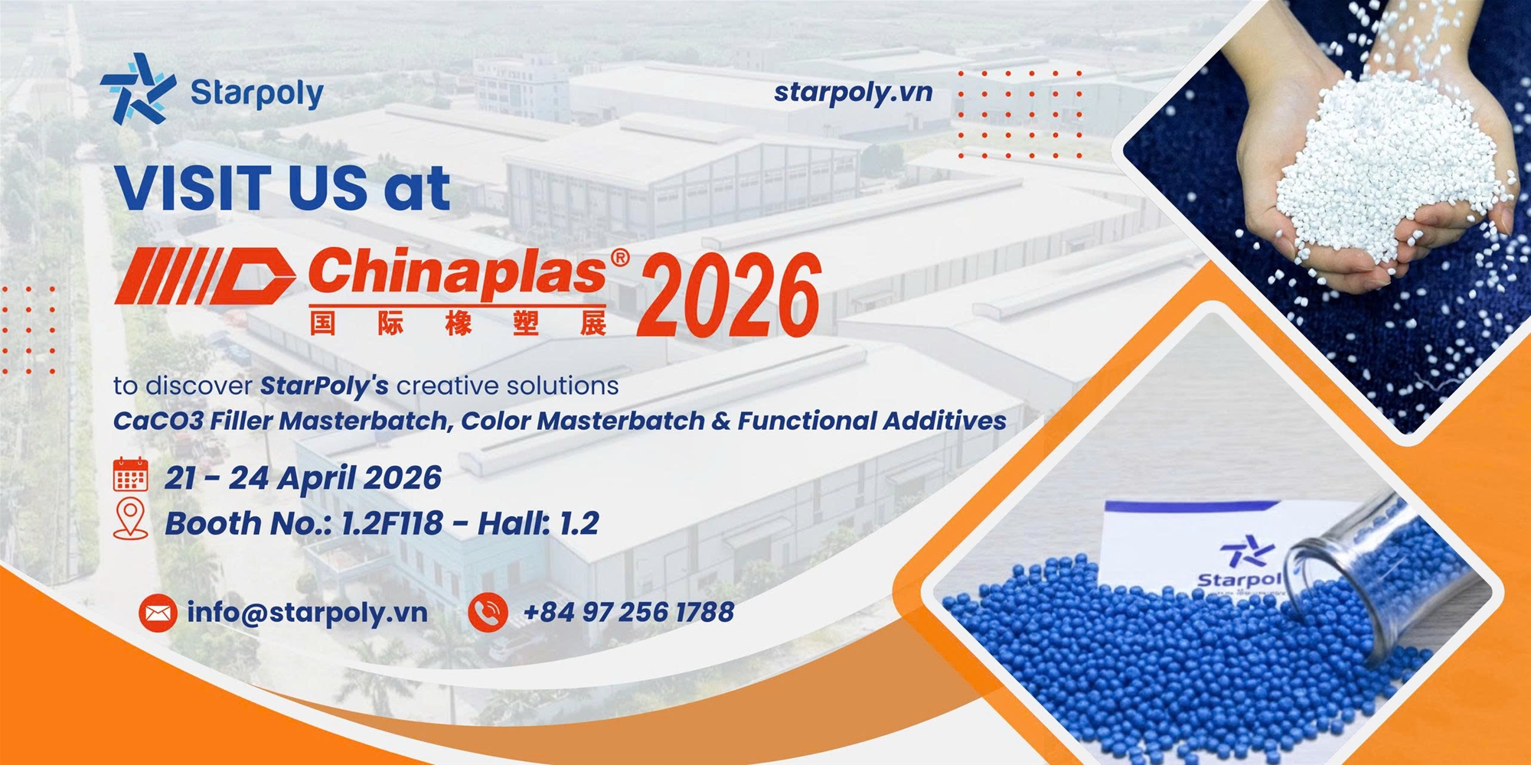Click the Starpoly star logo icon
tap(138, 89)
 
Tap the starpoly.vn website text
tap(854, 93)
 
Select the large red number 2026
tap(730, 296)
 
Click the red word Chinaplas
tap(458, 272)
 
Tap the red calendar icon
tap(130, 474)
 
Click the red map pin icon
tap(130, 519)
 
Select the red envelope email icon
tap(158, 613)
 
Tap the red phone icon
tap(488, 613)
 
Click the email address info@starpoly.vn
tap(307, 612)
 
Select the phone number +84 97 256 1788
tap(628, 612)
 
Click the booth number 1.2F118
tap(392, 524)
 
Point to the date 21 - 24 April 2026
tap(303, 478)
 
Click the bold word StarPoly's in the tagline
tap(325, 386)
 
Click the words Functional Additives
tap(872, 421)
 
